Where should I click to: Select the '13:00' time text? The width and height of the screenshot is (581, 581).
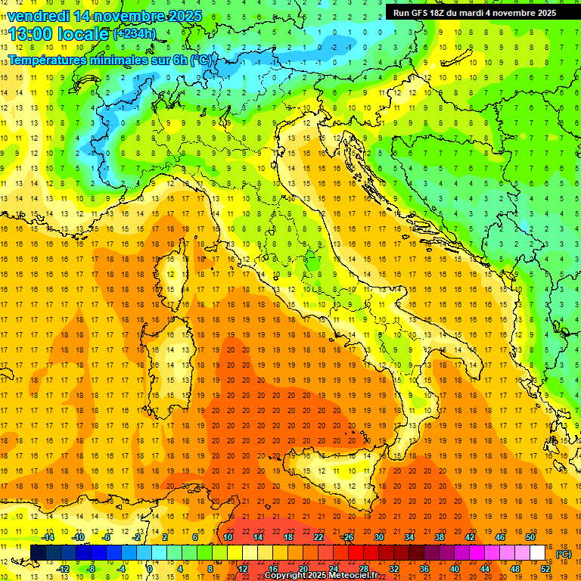pyautogui.click(x=29, y=34)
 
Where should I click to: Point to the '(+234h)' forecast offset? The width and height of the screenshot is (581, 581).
pyautogui.click(x=135, y=33)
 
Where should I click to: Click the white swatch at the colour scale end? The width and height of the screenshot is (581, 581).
pyautogui.click(x=538, y=553)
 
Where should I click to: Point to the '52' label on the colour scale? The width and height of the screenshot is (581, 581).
pyautogui.click(x=545, y=569)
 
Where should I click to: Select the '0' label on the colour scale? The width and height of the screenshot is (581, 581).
pyautogui.click(x=150, y=569)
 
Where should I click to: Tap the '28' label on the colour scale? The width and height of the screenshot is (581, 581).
pyautogui.click(x=363, y=569)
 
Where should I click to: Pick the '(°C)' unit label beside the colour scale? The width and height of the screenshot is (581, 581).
pyautogui.click(x=564, y=554)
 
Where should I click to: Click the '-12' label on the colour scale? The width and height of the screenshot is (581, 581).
pyautogui.click(x=64, y=569)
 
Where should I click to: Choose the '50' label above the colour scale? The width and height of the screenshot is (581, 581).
pyautogui.click(x=530, y=537)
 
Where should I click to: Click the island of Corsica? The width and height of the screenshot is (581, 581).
pyautogui.click(x=170, y=276)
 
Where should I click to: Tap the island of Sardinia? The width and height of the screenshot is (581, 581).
pyautogui.click(x=172, y=363)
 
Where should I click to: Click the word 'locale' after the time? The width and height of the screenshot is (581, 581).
pyautogui.click(x=82, y=34)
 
